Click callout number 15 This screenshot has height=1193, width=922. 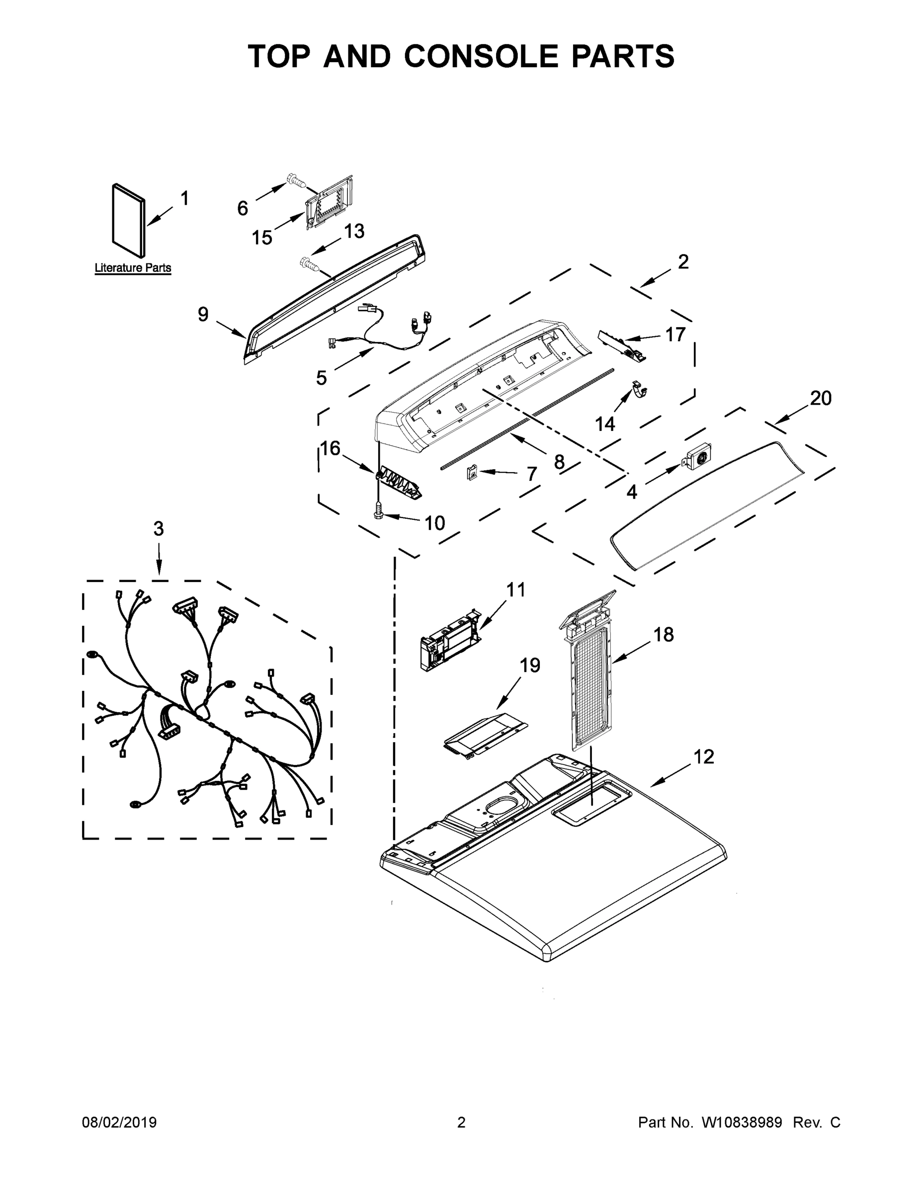click(x=261, y=238)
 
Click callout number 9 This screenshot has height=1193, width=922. click(x=203, y=314)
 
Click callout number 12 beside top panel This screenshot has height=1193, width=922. click(x=703, y=757)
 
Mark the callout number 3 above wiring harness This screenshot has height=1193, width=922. click(x=159, y=528)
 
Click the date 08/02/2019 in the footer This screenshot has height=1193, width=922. click(x=119, y=1122)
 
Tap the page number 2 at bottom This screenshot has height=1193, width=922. click(x=461, y=1122)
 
